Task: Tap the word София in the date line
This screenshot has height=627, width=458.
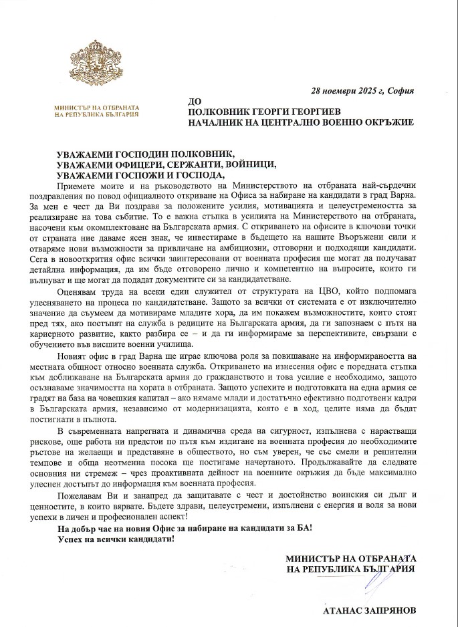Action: pyautogui.click(x=398, y=91)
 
